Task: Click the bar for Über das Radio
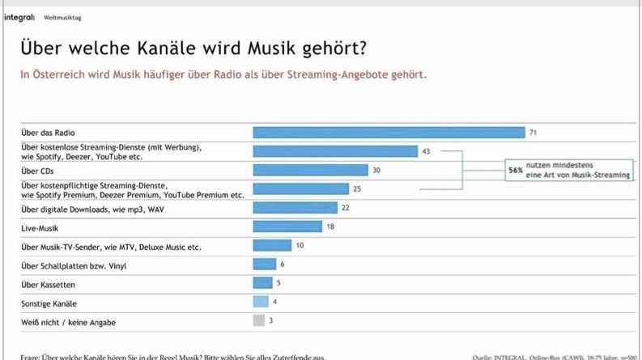point(389,132)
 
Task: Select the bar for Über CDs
point(311,170)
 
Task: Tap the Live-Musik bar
point(287,227)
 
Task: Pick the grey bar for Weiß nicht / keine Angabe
point(259,320)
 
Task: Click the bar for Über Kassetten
point(263,282)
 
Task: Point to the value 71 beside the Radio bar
point(534,132)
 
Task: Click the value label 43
point(426,151)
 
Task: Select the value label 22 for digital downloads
point(345,208)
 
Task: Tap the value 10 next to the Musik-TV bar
point(300,245)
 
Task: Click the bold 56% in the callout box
point(515,171)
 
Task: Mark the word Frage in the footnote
point(31,357)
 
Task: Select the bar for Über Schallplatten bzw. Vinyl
point(265,264)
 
